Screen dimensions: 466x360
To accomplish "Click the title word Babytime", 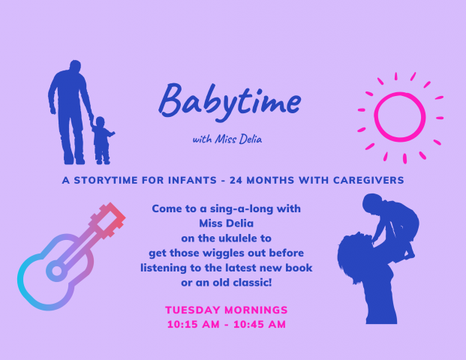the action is click(x=230, y=102).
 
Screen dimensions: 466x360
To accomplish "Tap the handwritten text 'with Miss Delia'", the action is click(x=227, y=139).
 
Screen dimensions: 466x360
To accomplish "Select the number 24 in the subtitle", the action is click(x=236, y=180).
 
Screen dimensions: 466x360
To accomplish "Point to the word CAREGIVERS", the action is click(x=368, y=180).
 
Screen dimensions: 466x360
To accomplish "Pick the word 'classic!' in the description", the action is click(x=252, y=283).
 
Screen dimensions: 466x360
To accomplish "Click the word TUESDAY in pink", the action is click(x=193, y=310).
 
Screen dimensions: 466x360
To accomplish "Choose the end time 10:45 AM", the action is click(x=260, y=324).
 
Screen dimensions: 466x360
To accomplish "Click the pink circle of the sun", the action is click(x=400, y=93).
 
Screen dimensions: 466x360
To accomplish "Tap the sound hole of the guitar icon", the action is click(x=56, y=271).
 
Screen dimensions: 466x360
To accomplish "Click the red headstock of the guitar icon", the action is click(x=110, y=220).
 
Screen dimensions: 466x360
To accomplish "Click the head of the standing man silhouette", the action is click(x=75, y=66).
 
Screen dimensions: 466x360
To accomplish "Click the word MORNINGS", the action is click(x=256, y=310).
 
